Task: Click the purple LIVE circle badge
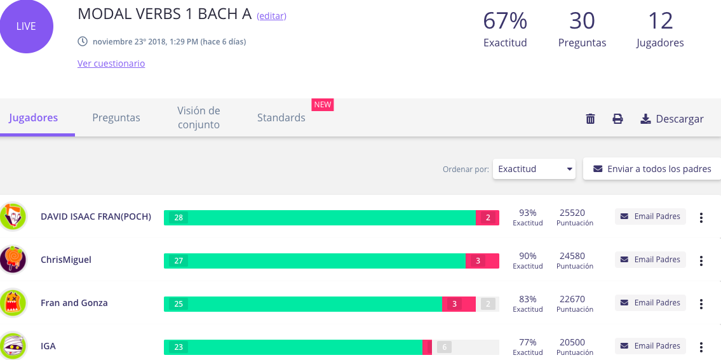coord(26,26)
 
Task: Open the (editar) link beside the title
coord(271,16)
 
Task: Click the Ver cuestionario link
coord(111,63)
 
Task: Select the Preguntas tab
coord(116,117)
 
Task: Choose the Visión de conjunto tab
coord(199,117)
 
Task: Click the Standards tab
coord(281,117)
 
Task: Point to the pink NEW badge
coord(323,104)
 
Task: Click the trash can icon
coord(590,119)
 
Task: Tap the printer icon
coord(617,119)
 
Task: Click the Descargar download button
coord(672,119)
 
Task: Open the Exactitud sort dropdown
coord(534,169)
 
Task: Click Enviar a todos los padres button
coord(652,169)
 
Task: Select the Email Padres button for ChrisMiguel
coord(650,260)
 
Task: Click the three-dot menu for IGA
coord(701,347)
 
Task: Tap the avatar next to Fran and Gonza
coord(13,303)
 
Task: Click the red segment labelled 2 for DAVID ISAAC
coord(487,218)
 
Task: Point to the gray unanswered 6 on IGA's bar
coord(444,347)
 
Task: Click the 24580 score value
coord(572,256)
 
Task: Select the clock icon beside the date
coord(83,42)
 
